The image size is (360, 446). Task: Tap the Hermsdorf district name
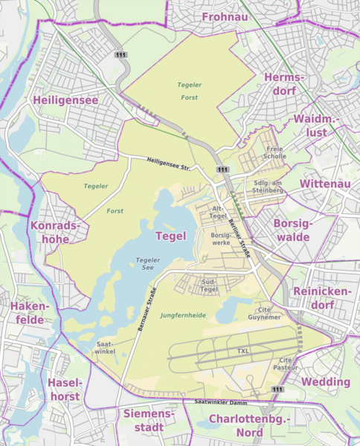point(284,84)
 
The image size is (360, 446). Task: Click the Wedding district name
point(325,381)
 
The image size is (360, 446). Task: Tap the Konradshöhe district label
point(50,231)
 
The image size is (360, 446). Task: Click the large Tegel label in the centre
point(170,236)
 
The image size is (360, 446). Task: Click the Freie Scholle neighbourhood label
point(275,152)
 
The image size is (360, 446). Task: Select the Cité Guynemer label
point(269,313)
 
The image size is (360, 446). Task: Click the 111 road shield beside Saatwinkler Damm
point(277,390)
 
